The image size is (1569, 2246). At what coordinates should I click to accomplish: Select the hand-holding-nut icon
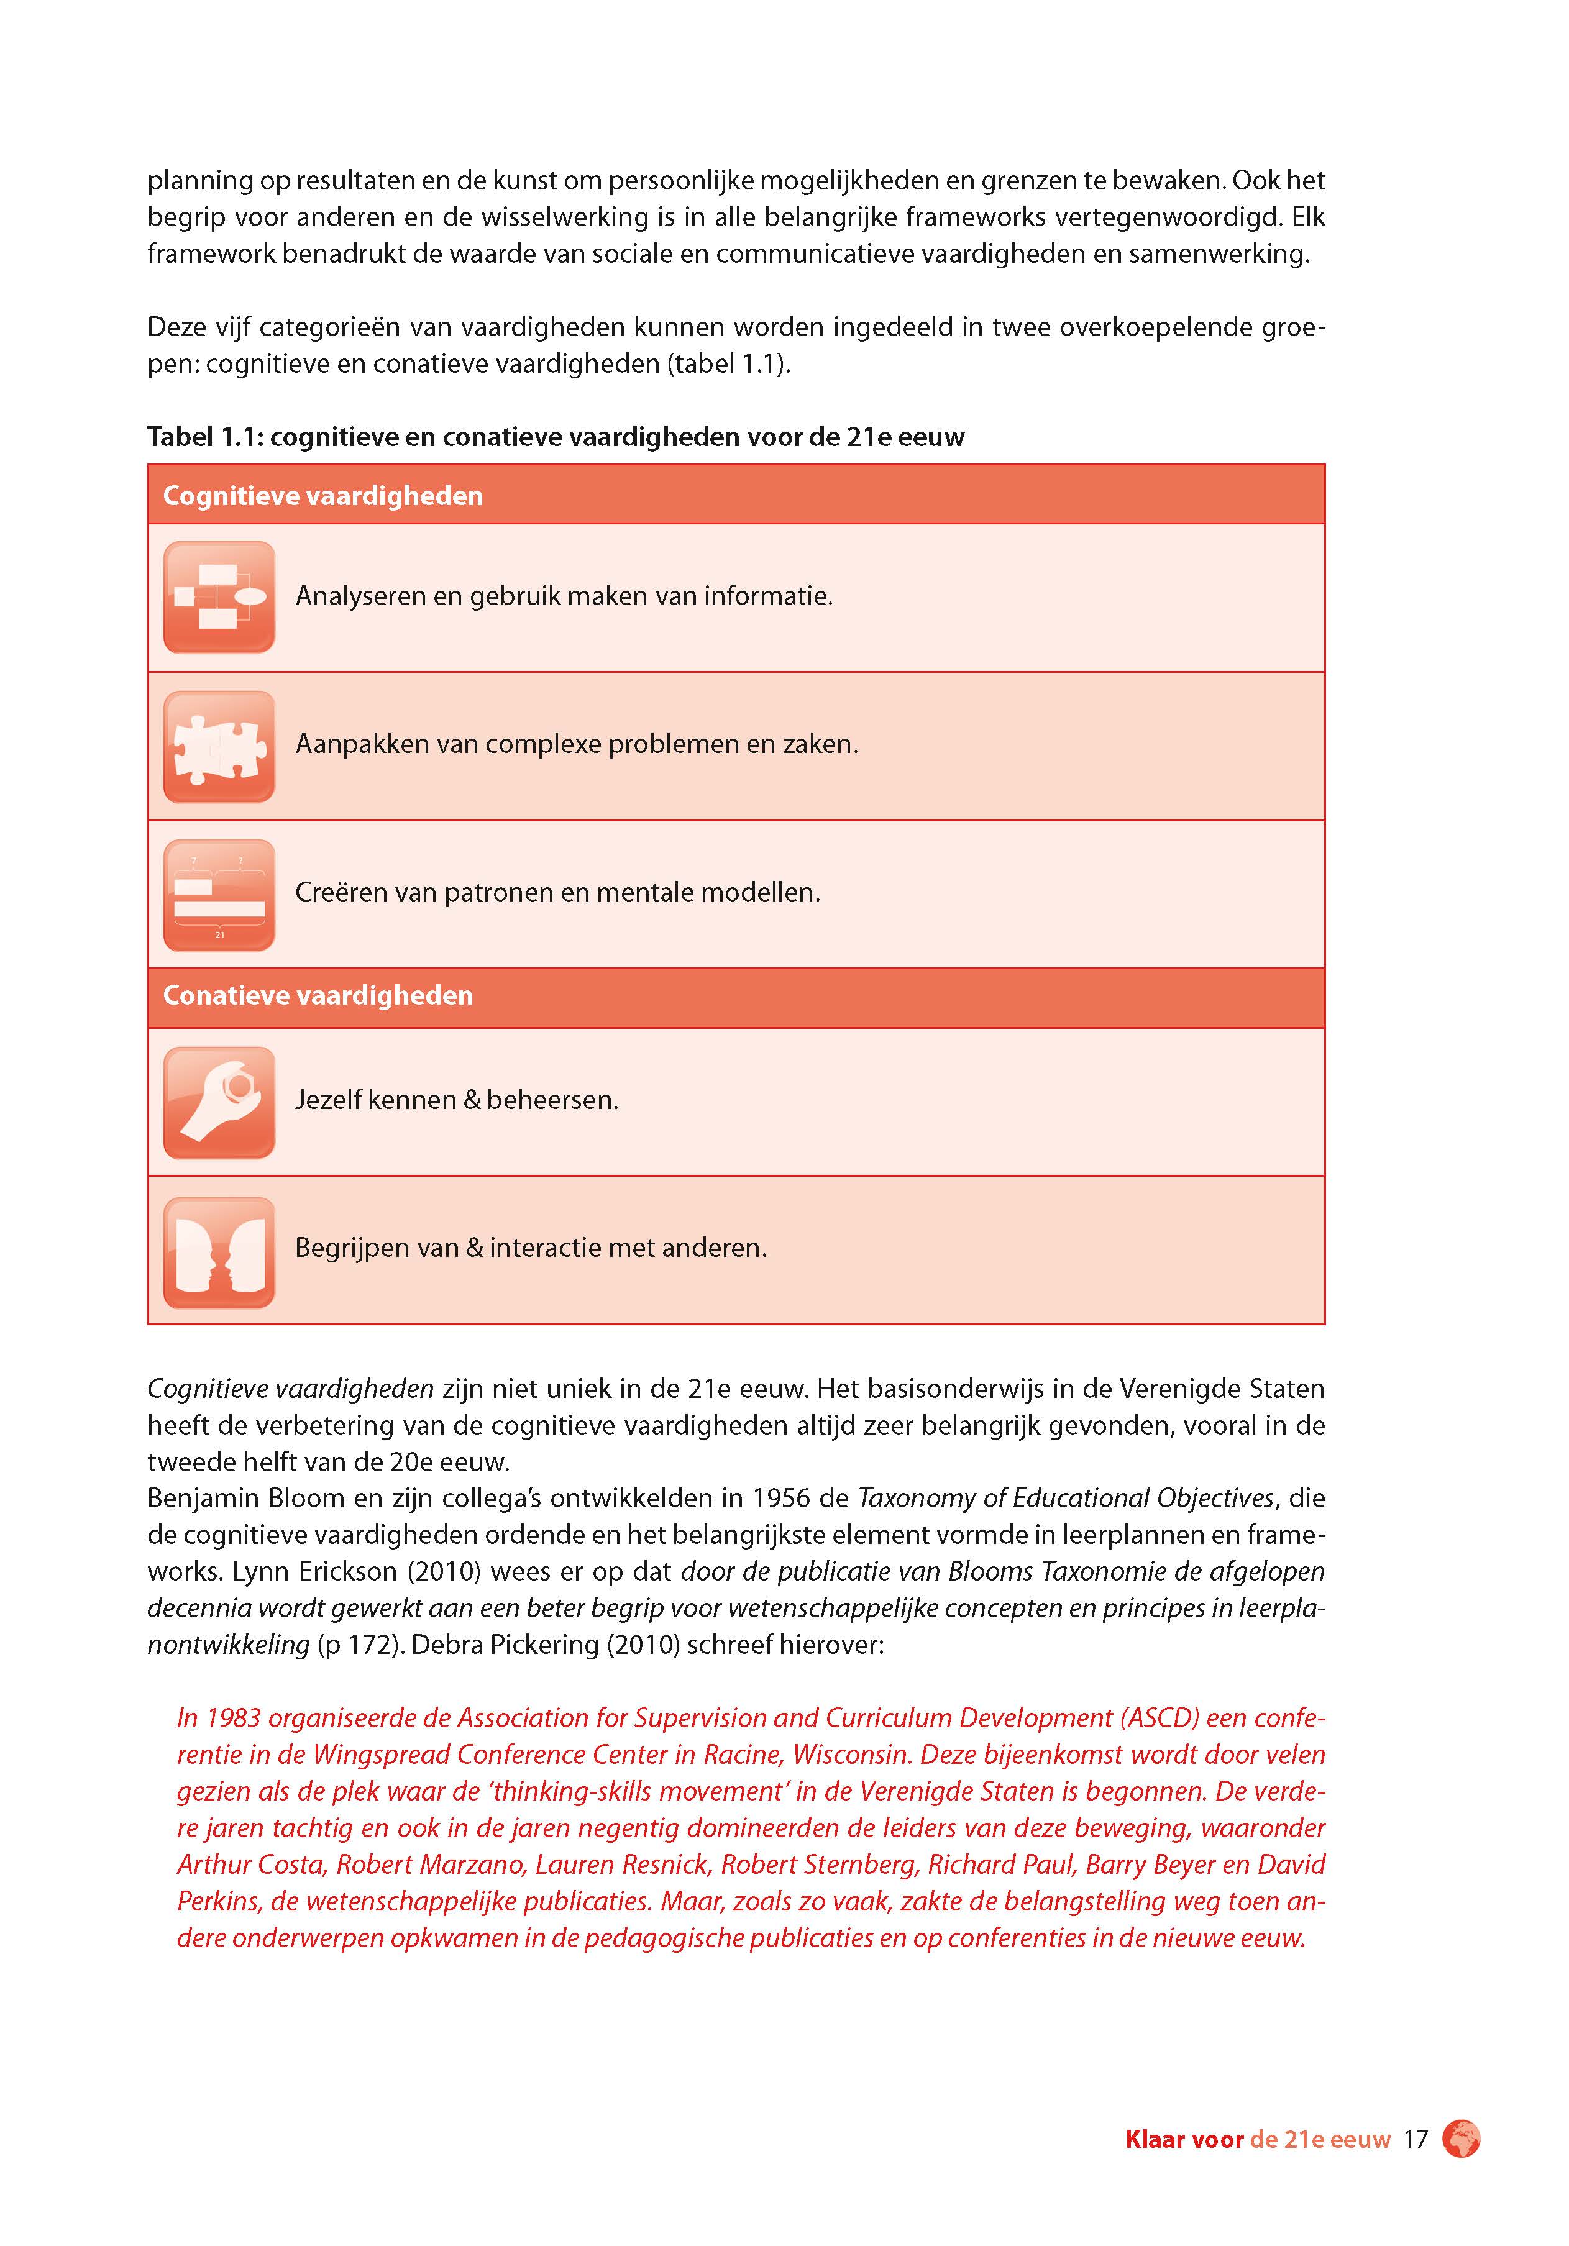(x=219, y=1102)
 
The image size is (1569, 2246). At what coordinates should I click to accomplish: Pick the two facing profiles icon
(x=219, y=1252)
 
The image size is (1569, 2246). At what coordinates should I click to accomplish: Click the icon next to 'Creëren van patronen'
(x=219, y=895)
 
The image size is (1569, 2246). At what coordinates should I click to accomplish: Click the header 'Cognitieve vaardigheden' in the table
(x=322, y=496)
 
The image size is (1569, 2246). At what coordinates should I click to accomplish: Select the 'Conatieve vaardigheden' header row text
(x=318, y=996)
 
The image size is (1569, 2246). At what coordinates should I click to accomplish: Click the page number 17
(x=1416, y=2139)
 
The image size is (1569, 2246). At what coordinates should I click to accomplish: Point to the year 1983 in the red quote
(x=231, y=1719)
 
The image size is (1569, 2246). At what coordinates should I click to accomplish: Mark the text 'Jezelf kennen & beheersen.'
(x=457, y=1100)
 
